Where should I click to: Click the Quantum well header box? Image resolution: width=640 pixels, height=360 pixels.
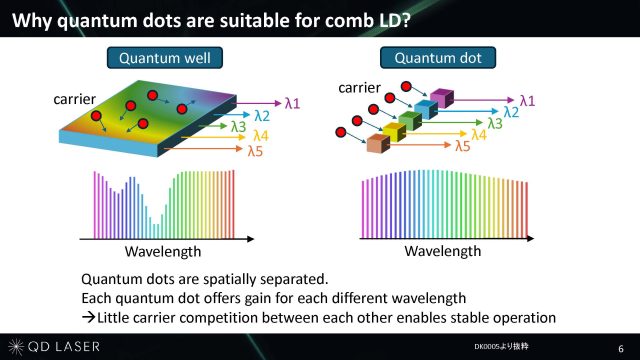[x=165, y=58]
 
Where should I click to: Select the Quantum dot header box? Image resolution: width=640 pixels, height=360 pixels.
[x=438, y=58]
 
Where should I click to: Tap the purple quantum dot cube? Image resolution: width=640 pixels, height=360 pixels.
[x=442, y=98]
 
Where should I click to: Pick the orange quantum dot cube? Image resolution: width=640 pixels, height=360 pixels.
[x=378, y=144]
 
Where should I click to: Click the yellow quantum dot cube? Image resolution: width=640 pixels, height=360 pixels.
[x=394, y=132]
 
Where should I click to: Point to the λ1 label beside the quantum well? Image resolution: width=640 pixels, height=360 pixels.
[x=292, y=103]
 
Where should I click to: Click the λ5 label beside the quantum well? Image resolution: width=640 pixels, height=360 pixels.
[x=256, y=151]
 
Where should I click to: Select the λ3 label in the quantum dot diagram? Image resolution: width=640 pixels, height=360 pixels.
[x=495, y=123]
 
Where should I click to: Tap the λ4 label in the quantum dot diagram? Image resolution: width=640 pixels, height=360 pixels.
[x=479, y=135]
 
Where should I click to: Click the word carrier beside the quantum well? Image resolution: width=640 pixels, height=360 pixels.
[x=74, y=99]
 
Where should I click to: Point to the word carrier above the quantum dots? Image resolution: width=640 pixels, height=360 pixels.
[x=359, y=88]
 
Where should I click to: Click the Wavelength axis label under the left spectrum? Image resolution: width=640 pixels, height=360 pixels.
[x=163, y=251]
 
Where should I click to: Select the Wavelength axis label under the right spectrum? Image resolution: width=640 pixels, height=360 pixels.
[x=442, y=251]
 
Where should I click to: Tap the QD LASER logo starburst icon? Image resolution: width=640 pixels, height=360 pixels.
[x=16, y=347]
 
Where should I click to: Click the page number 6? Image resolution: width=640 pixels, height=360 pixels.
[x=621, y=349]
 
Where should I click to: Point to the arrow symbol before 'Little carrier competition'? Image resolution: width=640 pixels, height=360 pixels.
[x=88, y=317]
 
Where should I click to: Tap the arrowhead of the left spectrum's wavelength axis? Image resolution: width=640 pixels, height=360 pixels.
[x=250, y=239]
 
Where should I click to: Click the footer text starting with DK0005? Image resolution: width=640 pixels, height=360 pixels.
[x=501, y=347]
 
